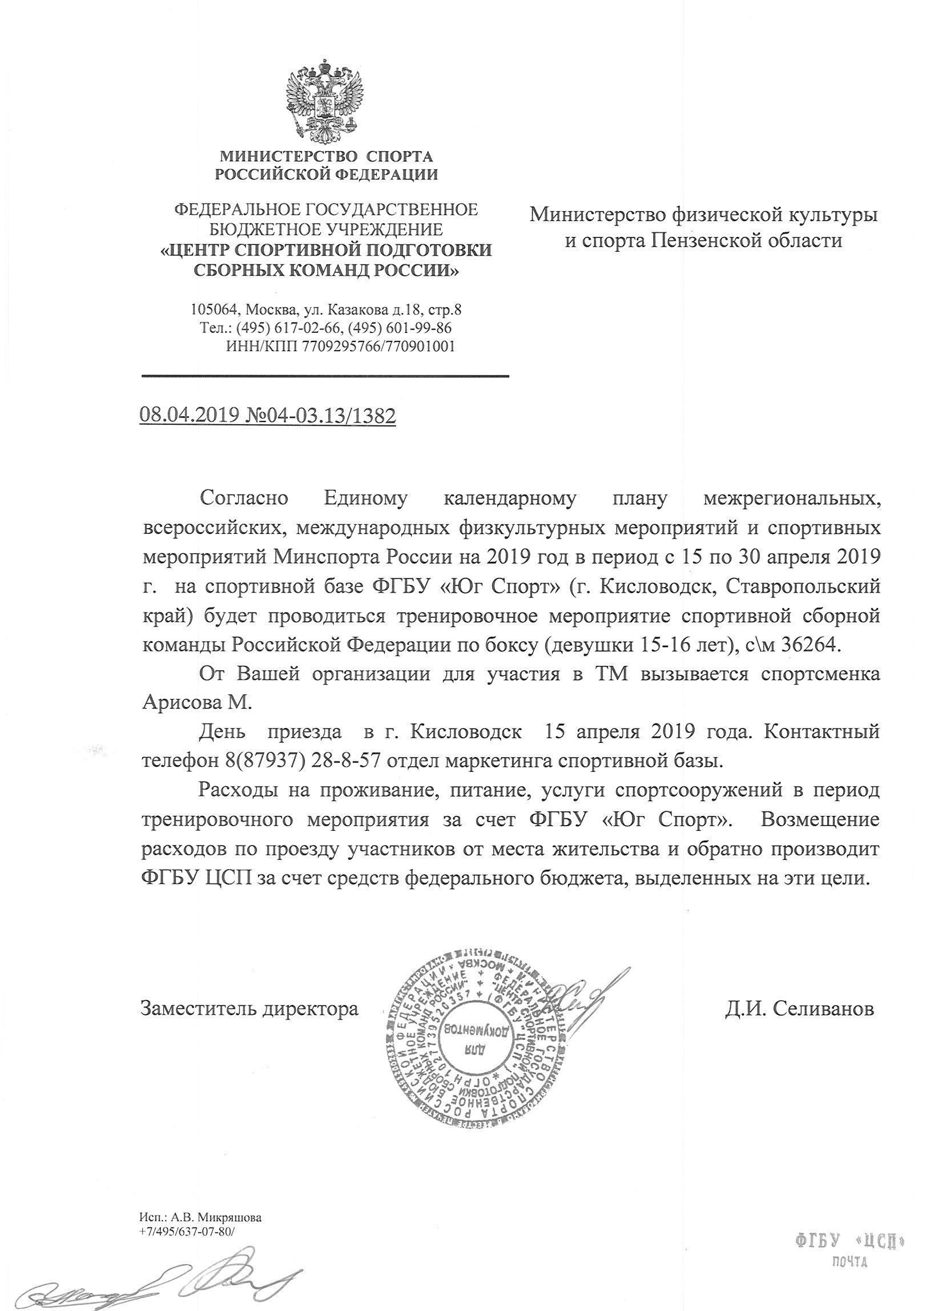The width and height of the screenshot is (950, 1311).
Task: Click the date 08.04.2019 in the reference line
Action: pos(188,416)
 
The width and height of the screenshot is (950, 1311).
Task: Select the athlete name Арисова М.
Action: pos(197,703)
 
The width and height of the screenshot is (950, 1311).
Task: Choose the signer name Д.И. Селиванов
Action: pos(799,1009)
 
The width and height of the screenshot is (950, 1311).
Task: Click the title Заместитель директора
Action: pos(249,1009)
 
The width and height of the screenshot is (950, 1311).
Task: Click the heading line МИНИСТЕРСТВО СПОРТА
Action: pos(326,156)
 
